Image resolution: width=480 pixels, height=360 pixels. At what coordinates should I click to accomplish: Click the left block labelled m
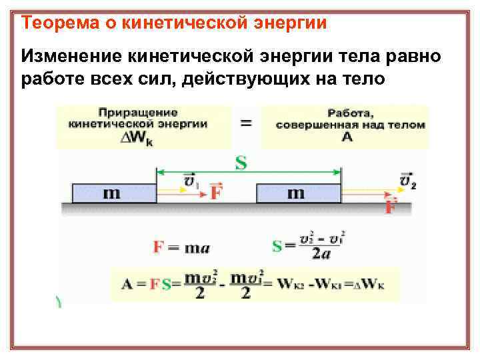click(113, 193)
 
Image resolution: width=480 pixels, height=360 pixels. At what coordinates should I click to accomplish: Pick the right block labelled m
click(297, 193)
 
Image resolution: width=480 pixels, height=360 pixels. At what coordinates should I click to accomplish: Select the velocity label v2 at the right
click(407, 181)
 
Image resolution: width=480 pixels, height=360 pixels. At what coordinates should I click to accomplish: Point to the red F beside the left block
click(216, 193)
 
